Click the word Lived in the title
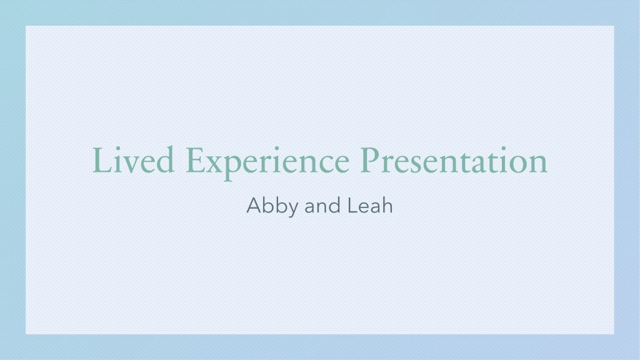134,160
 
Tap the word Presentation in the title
454,161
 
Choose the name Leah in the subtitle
370,205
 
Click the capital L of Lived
102,161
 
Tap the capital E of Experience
197,161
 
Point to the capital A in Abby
254,205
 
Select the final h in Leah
387,205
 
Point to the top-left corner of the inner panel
26,26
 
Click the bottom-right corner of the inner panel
614,334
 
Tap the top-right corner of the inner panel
614,26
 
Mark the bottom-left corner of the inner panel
26,334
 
